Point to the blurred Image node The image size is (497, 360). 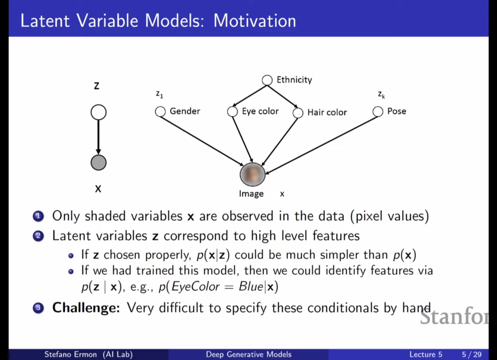pos(252,174)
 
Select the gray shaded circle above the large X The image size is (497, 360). pos(99,162)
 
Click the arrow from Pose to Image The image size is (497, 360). pos(322,145)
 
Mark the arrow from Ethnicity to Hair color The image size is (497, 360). pos(282,97)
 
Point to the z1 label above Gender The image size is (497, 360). pos(159,94)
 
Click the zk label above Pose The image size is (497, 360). pos(381,95)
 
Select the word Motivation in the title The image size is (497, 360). pos(255,21)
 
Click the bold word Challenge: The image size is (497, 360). pos(86,308)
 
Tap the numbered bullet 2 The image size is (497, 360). pos(38,236)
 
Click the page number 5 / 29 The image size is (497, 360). pos(472,354)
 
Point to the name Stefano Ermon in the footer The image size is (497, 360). pos(71,354)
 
